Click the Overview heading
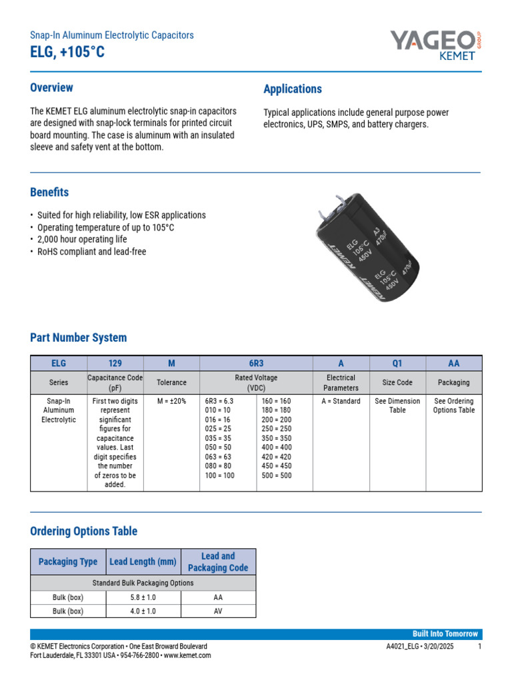click(x=51, y=88)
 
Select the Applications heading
click(x=293, y=89)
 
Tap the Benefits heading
click(x=49, y=192)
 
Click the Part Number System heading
click(x=78, y=338)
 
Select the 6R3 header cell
click(x=257, y=364)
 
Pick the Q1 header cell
click(x=397, y=364)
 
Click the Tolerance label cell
click(x=171, y=383)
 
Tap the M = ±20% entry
click(x=171, y=402)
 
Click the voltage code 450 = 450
click(x=276, y=466)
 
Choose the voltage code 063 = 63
click(x=219, y=457)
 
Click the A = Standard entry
click(x=341, y=402)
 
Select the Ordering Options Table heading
click(x=84, y=531)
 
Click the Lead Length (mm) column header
click(x=143, y=561)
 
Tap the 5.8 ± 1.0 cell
click(x=143, y=597)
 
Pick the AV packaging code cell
click(x=217, y=611)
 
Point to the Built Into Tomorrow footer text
click(x=446, y=634)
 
